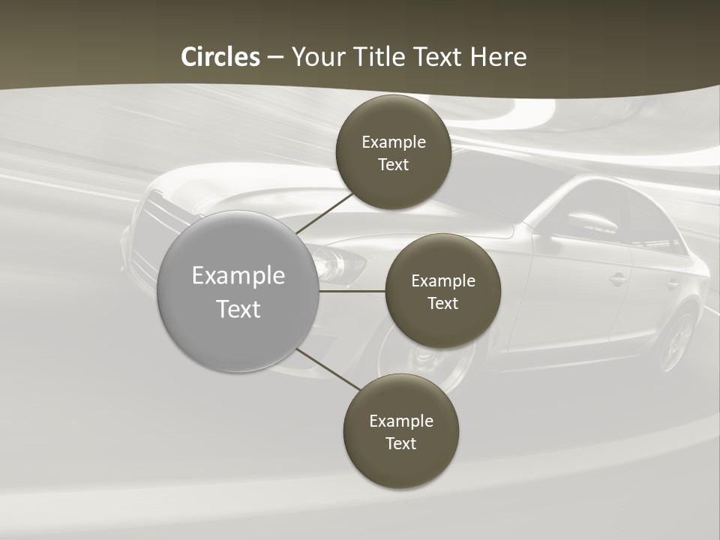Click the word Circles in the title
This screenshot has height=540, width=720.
click(220, 57)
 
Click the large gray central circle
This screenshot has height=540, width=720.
click(238, 291)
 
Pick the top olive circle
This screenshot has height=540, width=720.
click(393, 152)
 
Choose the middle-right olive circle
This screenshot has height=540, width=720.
click(442, 291)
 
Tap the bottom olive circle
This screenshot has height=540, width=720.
click(400, 431)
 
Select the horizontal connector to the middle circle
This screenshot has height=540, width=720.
click(352, 291)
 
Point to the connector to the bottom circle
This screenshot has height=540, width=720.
click(328, 370)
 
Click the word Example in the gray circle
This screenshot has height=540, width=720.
click(238, 276)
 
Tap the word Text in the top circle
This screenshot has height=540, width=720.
click(393, 164)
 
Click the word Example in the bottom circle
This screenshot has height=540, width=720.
click(400, 421)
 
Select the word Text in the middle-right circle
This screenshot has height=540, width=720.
click(442, 303)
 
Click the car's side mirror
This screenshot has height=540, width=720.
click(592, 222)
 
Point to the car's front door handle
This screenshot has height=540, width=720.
click(618, 280)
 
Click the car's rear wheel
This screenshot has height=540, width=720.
click(678, 341)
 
